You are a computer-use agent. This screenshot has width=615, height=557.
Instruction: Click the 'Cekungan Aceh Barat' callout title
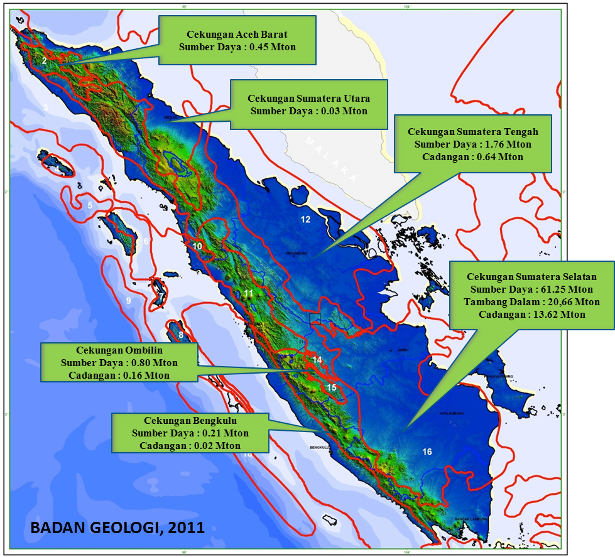pyautogui.click(x=237, y=35)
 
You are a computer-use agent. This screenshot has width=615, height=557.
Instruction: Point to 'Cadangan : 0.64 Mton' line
pyautogui.click(x=472, y=157)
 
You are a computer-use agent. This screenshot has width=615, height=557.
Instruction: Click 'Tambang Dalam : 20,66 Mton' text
pyautogui.click(x=531, y=301)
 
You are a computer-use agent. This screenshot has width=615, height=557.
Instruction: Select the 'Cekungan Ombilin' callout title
pyautogui.click(x=119, y=350)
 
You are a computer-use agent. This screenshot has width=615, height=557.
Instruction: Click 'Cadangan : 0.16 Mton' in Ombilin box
pyautogui.click(x=119, y=375)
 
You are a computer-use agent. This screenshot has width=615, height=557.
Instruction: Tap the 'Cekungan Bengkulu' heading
pyautogui.click(x=190, y=421)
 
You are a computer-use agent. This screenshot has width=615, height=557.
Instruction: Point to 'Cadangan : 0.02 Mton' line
pyautogui.click(x=190, y=445)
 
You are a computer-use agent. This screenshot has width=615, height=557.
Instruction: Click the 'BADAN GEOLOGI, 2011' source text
pyautogui.click(x=117, y=527)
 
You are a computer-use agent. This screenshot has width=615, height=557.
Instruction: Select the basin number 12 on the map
pyautogui.click(x=305, y=220)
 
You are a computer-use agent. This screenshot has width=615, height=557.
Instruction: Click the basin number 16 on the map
pyautogui.click(x=427, y=452)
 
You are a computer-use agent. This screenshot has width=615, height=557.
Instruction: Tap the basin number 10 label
pyautogui.click(x=197, y=247)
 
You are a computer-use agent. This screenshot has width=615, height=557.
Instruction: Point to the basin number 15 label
pyautogui.click(x=331, y=387)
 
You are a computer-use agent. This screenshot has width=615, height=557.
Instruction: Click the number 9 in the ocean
pyautogui.click(x=128, y=301)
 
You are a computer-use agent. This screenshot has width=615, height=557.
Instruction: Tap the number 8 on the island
pyautogui.click(x=181, y=335)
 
